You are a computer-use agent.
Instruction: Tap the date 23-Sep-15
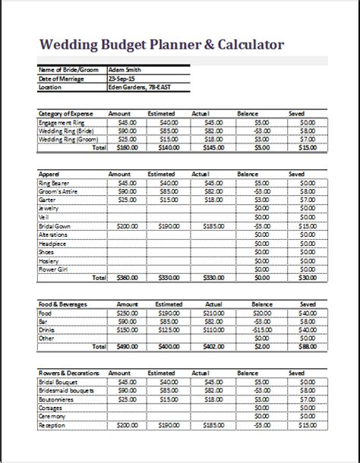(x=122, y=79)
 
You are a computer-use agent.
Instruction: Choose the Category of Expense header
(x=66, y=113)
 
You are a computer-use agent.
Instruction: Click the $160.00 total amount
(x=126, y=147)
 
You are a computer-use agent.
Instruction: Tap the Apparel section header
(x=49, y=174)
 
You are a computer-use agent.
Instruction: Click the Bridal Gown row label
(x=55, y=226)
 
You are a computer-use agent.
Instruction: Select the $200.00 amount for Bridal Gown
(x=126, y=226)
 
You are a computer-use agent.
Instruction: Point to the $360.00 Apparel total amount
(x=126, y=278)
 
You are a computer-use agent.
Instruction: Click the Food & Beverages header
(x=63, y=304)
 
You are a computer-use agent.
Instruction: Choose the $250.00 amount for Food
(x=126, y=312)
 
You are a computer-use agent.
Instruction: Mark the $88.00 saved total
(x=306, y=347)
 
